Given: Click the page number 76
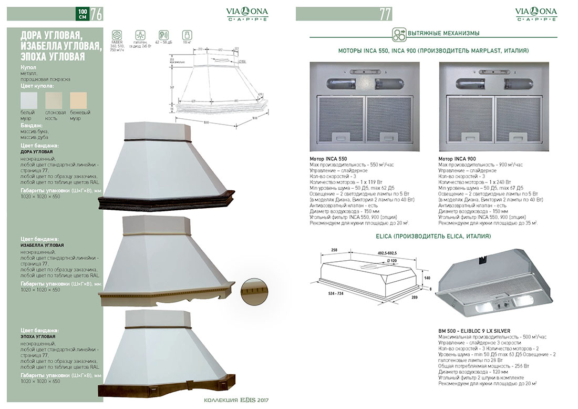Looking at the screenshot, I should pos(96,14).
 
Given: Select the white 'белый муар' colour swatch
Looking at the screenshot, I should pos(29,100).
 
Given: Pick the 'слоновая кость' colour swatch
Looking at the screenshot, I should pos(54,100).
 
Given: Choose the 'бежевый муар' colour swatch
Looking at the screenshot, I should pos(78,100).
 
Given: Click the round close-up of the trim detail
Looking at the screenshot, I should pos(255,291).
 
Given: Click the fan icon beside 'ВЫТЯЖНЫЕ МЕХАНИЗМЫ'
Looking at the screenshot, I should pos(399,34).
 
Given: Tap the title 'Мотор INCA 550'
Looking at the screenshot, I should pos(328,159).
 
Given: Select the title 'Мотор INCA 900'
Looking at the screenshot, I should pos(457,159).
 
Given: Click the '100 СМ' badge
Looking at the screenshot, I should pos(82,14).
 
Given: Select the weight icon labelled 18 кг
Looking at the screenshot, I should pos(186,35).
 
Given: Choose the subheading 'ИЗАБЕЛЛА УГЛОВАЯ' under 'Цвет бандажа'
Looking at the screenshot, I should pos(42,246).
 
